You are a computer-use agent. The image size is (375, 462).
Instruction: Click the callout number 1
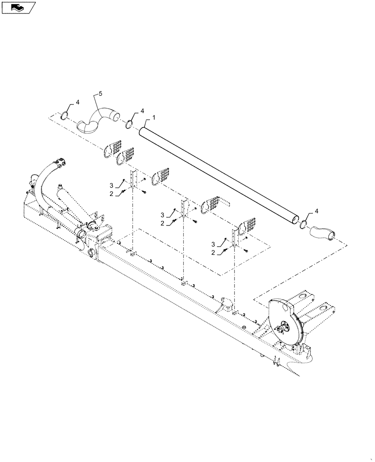(x=153, y=117)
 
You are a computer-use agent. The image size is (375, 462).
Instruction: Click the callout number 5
(x=101, y=93)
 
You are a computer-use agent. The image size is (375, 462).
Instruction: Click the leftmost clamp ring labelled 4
(x=65, y=115)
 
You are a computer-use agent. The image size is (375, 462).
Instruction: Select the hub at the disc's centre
(x=284, y=327)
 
